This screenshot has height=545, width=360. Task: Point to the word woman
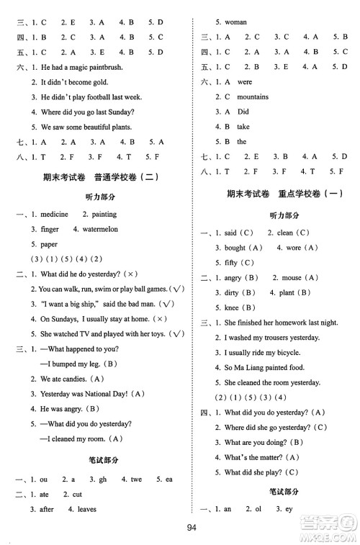pyautogui.click(x=236, y=22)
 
